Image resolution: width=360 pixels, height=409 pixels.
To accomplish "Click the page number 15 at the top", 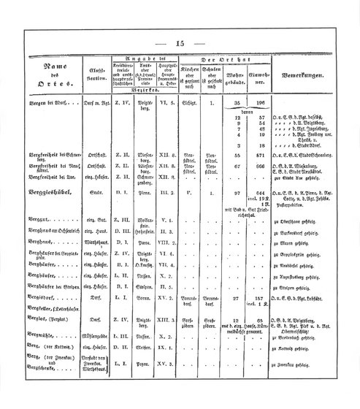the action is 180,42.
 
